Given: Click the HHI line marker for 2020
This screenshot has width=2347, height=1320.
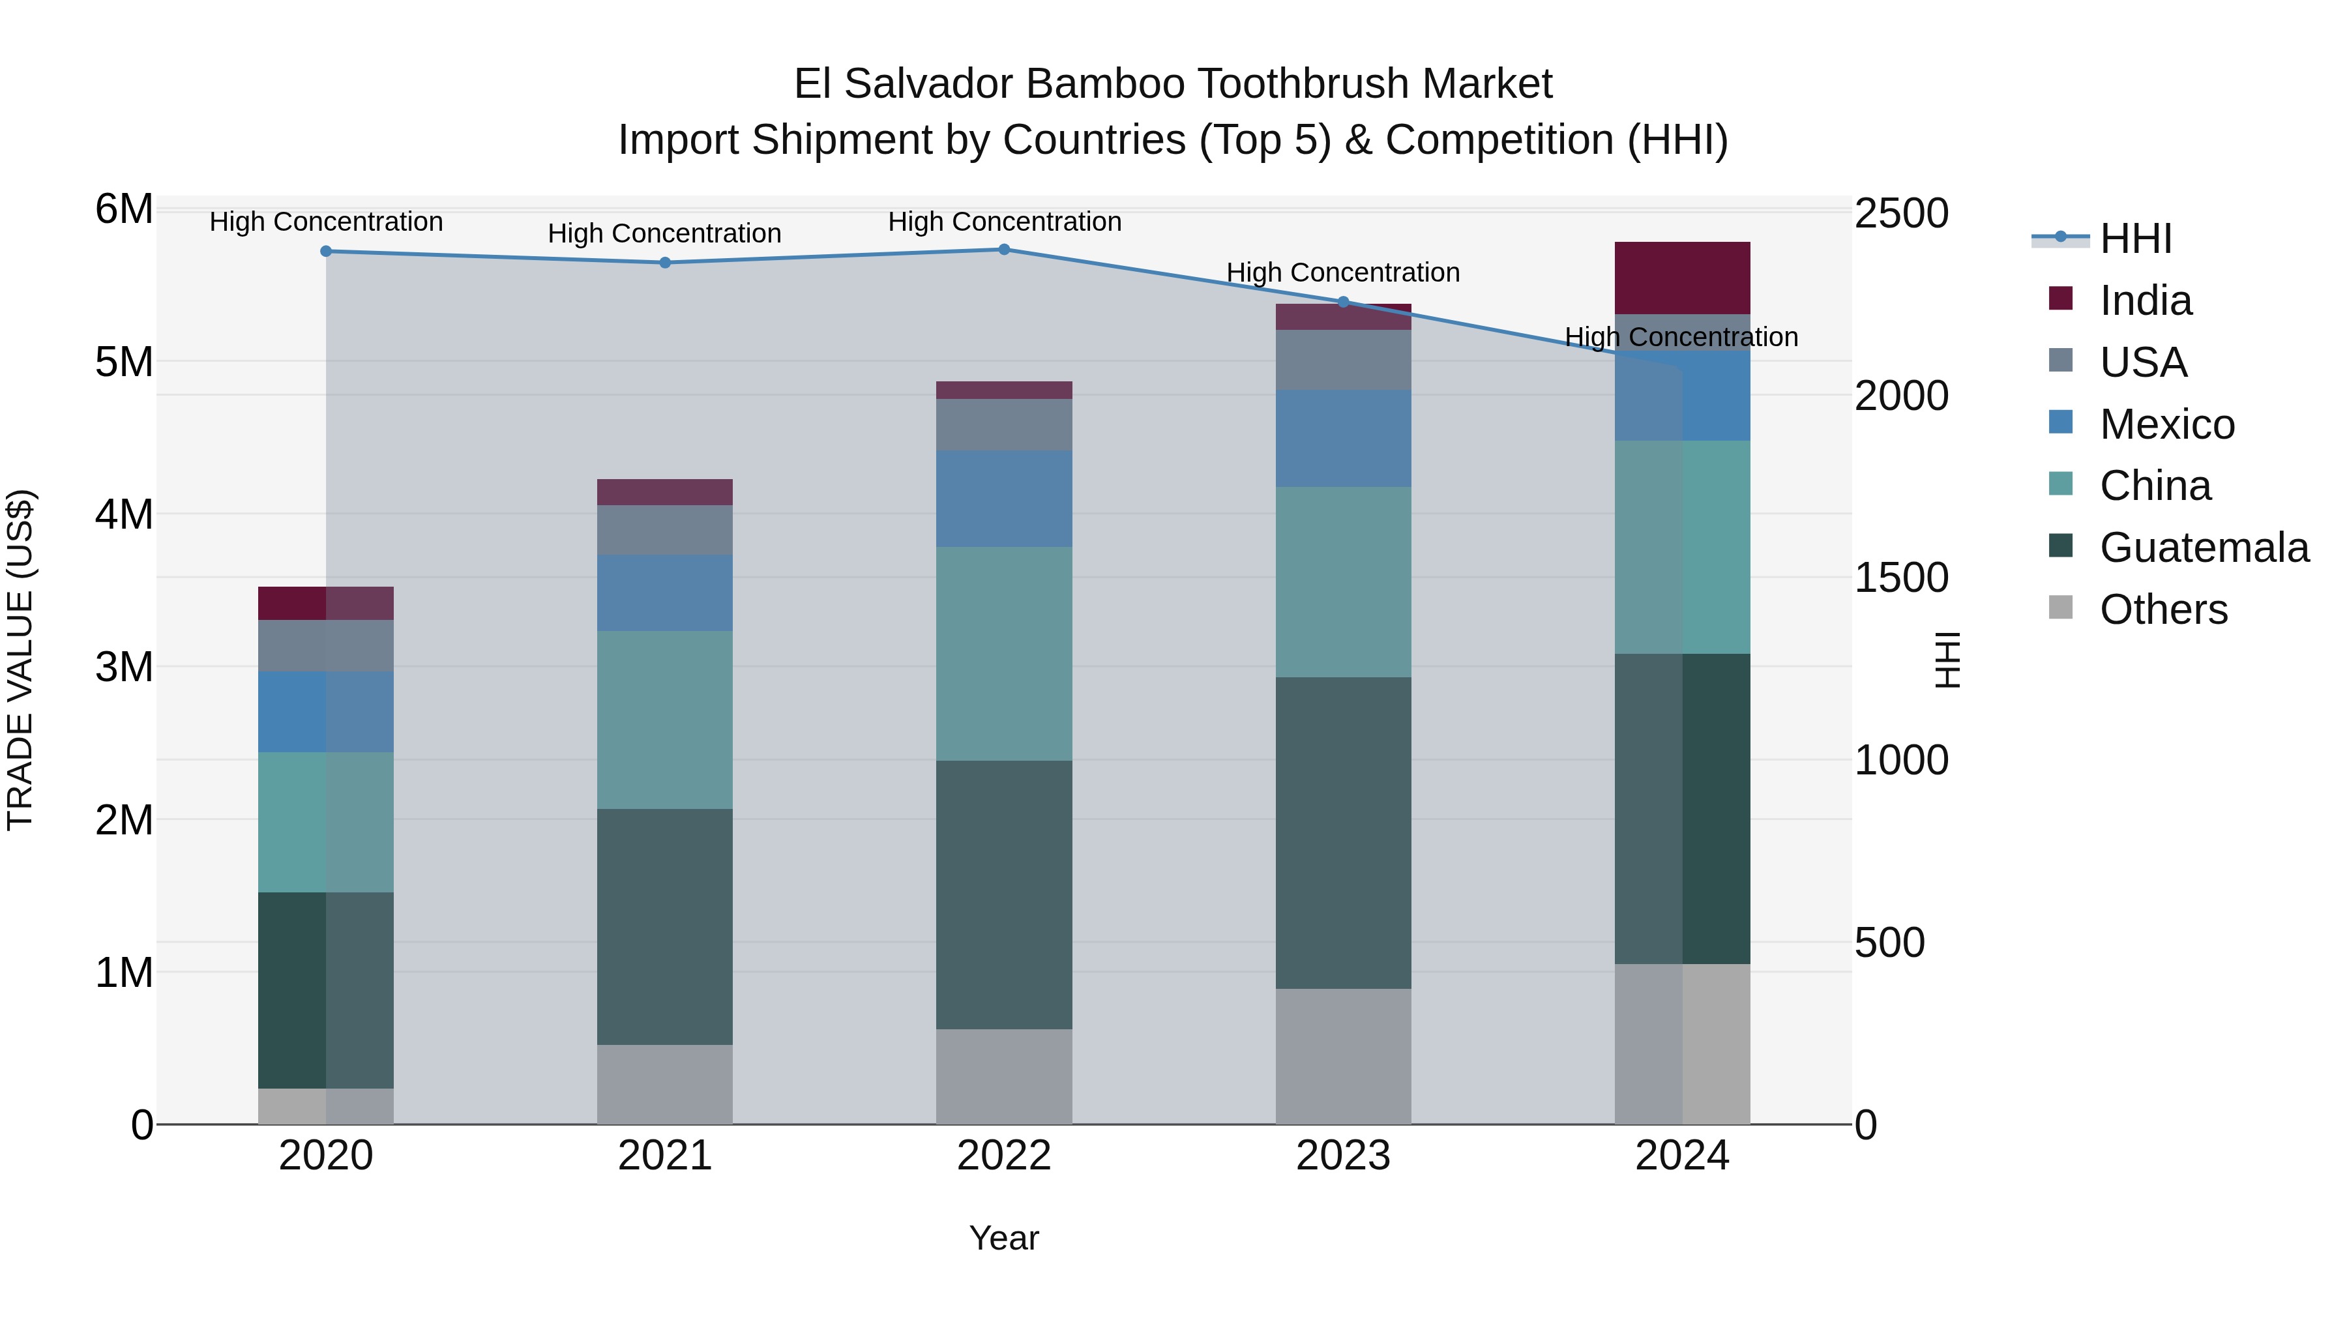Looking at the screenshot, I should pos(326,252).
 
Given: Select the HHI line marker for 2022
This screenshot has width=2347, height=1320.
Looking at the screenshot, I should pos(1004,250).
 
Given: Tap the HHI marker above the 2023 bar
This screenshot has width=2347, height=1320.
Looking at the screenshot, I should pos(1343,302).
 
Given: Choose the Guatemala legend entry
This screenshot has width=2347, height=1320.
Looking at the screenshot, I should pos(2203,548).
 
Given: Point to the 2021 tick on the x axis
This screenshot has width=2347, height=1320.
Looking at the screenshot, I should pos(665,1156).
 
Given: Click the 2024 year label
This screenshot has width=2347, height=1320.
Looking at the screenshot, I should pos(1682,1156).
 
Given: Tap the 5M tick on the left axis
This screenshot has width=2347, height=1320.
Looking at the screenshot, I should pos(125,362).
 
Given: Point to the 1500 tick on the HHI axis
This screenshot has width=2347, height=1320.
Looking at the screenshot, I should pos(1902,578).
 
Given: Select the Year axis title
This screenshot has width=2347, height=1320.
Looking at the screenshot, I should pos(1003,1238).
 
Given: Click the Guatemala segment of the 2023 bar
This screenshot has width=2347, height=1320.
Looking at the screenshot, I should pos(1343,832).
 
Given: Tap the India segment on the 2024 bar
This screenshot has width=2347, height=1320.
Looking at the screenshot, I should pos(1682,278).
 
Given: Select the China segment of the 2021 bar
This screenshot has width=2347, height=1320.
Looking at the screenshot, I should pos(665,720).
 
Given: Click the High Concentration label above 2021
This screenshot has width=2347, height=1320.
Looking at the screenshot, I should pos(664,233).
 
